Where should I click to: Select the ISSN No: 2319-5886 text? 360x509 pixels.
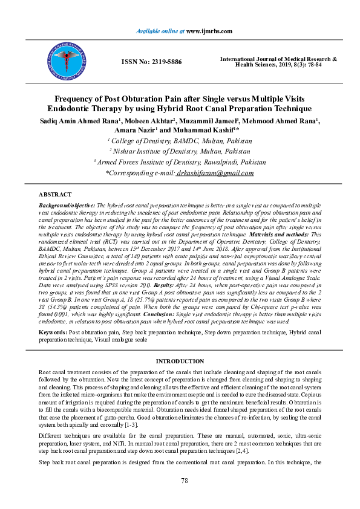pos(151,62)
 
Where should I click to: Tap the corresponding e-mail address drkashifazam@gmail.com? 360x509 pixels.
pos(215,173)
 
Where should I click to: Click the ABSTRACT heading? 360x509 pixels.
pos(55,195)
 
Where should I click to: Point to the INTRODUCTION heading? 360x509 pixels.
pos(180,361)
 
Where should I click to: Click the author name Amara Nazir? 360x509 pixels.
pos(134,131)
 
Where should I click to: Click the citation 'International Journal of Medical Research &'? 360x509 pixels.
pos(278,59)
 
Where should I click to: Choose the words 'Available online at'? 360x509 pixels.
pos(160,30)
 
